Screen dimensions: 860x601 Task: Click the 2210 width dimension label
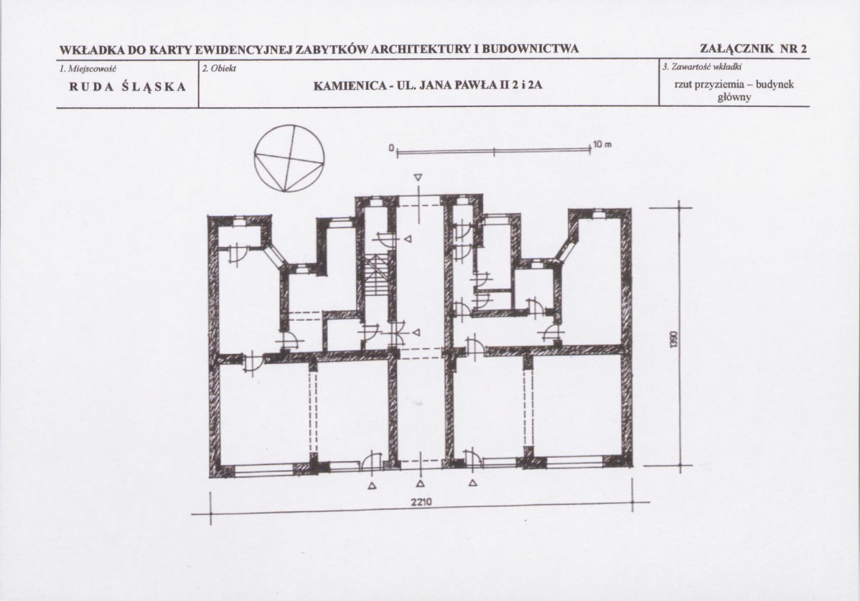tap(421, 502)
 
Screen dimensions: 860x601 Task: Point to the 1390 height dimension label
tap(676, 340)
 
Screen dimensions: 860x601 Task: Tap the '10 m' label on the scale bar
tap(602, 145)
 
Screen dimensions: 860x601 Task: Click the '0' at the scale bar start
tap(392, 148)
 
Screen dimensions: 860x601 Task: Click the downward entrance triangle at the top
tap(419, 177)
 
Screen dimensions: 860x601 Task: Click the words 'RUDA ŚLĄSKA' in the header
tap(127, 87)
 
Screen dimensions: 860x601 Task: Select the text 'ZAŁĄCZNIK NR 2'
tap(754, 49)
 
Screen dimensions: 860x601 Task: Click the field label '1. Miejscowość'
tap(87, 68)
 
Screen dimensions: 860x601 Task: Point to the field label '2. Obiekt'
tap(220, 68)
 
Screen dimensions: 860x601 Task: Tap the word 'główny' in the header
tap(734, 98)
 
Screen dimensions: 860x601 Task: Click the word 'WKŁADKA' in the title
tap(92, 50)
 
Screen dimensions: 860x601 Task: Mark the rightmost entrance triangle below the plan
tap(473, 483)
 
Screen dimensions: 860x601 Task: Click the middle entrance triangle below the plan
tap(420, 484)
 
